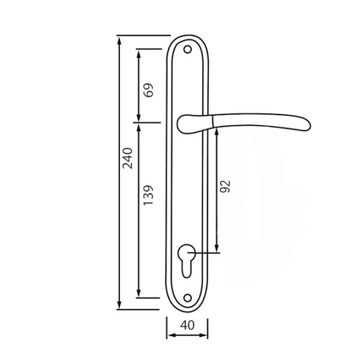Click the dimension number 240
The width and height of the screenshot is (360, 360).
point(128,158)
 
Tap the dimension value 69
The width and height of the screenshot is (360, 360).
point(148,90)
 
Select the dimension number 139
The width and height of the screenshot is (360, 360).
point(148,195)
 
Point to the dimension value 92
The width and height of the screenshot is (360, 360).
point(225,187)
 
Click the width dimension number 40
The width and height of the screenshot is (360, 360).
point(187,325)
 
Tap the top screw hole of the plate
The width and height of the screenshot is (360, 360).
point(188,49)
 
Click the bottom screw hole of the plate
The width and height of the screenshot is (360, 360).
point(188,298)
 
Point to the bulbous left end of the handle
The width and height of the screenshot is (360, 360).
point(184,124)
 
